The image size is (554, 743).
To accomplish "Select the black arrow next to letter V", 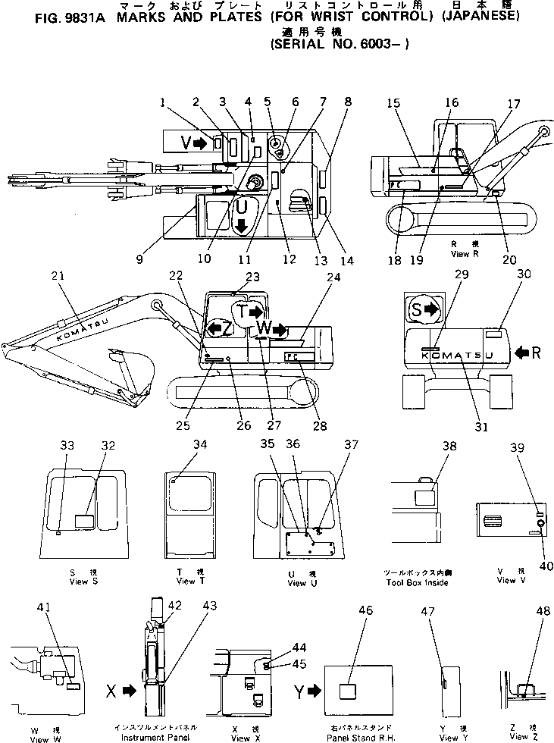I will click(x=200, y=143).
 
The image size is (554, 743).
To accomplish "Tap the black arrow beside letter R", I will click(x=523, y=353).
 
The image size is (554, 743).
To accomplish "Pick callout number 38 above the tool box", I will click(x=449, y=447).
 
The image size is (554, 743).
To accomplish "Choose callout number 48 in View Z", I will click(x=543, y=612).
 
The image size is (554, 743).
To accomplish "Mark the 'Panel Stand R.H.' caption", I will click(x=357, y=737).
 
